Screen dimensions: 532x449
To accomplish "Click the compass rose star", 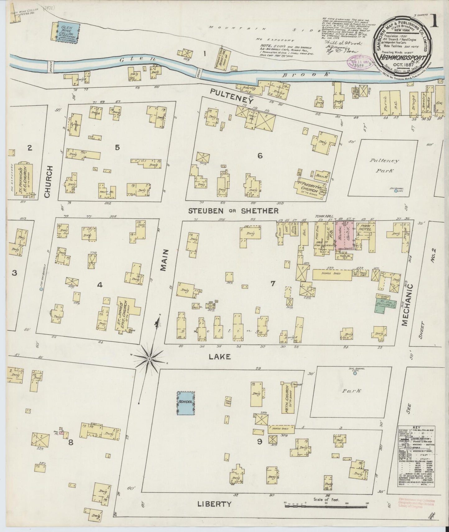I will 149,359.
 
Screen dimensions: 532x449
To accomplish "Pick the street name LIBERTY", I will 215,512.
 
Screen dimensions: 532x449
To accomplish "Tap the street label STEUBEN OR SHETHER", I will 233,211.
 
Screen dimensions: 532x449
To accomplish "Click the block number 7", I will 273,283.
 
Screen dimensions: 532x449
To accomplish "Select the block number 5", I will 117,147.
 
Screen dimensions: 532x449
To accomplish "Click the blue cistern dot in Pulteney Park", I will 396,191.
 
